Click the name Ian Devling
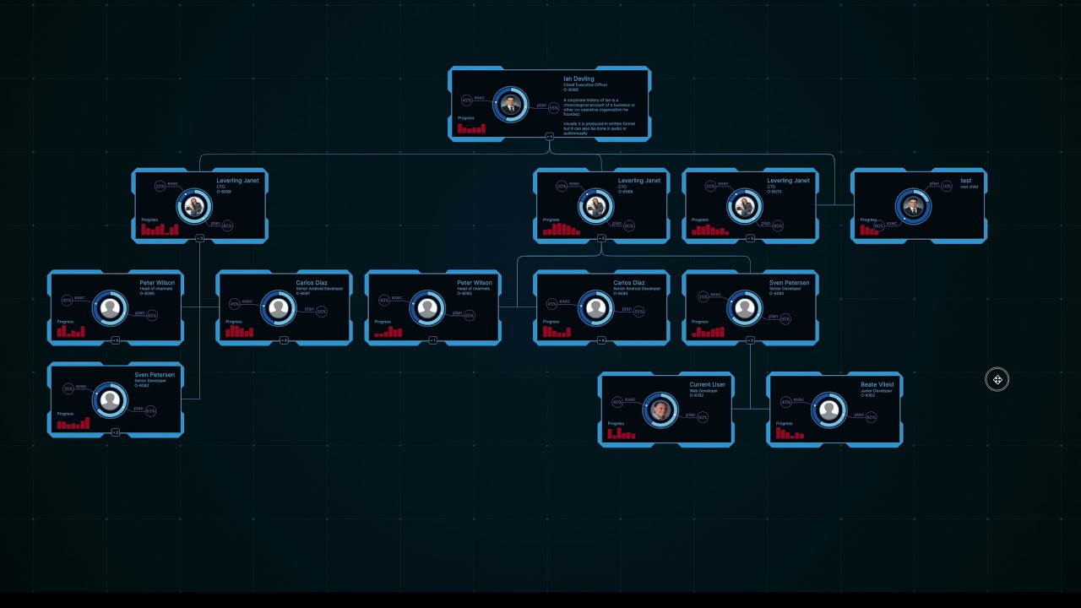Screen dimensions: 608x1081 [579, 79]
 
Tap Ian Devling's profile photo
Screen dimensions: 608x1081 [510, 105]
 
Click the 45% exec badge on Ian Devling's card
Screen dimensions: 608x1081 [467, 100]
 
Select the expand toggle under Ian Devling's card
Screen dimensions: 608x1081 [549, 136]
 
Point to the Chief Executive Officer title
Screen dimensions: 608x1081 [585, 85]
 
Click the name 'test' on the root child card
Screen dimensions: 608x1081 [965, 181]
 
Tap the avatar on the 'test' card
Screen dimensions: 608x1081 [913, 206]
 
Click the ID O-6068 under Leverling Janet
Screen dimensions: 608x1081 [224, 192]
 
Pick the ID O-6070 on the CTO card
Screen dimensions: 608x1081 [774, 192]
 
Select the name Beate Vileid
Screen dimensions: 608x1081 [877, 385]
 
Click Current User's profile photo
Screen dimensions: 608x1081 [660, 410]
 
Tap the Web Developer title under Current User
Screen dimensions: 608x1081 [703, 391]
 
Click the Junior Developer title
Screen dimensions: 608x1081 [876, 391]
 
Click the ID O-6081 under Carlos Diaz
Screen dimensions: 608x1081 [303, 294]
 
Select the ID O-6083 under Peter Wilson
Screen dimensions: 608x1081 [464, 294]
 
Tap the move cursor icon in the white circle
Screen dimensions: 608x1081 [997, 380]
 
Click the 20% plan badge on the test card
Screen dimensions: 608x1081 [947, 186]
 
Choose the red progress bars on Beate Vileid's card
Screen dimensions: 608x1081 [790, 433]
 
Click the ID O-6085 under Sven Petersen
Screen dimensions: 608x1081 [776, 294]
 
